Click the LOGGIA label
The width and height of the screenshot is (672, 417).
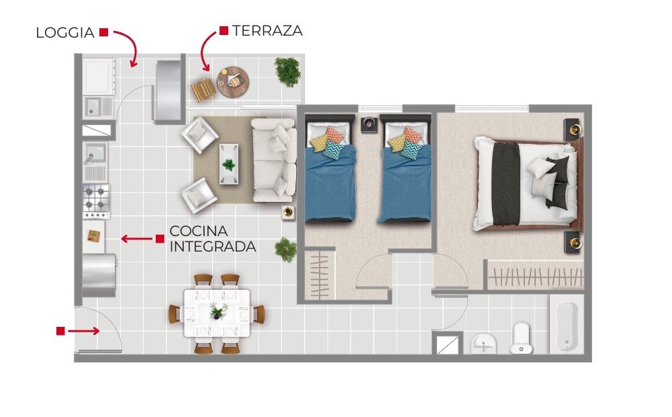[65, 33]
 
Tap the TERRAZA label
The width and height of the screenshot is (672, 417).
[267, 30]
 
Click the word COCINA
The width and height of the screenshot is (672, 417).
[199, 231]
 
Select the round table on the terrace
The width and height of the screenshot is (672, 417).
[233, 82]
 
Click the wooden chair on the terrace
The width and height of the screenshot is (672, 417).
[203, 89]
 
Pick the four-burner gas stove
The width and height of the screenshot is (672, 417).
[97, 201]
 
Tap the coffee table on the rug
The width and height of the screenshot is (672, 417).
[229, 164]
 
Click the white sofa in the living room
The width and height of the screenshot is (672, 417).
[274, 160]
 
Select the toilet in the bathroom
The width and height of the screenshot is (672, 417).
[522, 338]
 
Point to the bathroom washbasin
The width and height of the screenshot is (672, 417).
[484, 344]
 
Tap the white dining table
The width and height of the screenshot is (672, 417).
[217, 313]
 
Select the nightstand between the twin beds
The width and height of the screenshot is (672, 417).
[369, 124]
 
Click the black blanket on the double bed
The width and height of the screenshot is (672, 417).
[506, 184]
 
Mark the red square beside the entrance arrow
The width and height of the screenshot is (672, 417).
[60, 331]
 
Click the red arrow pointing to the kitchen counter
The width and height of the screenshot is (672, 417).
[137, 239]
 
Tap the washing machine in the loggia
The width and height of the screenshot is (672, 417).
[99, 77]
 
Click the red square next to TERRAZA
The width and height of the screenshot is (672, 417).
[224, 30]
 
